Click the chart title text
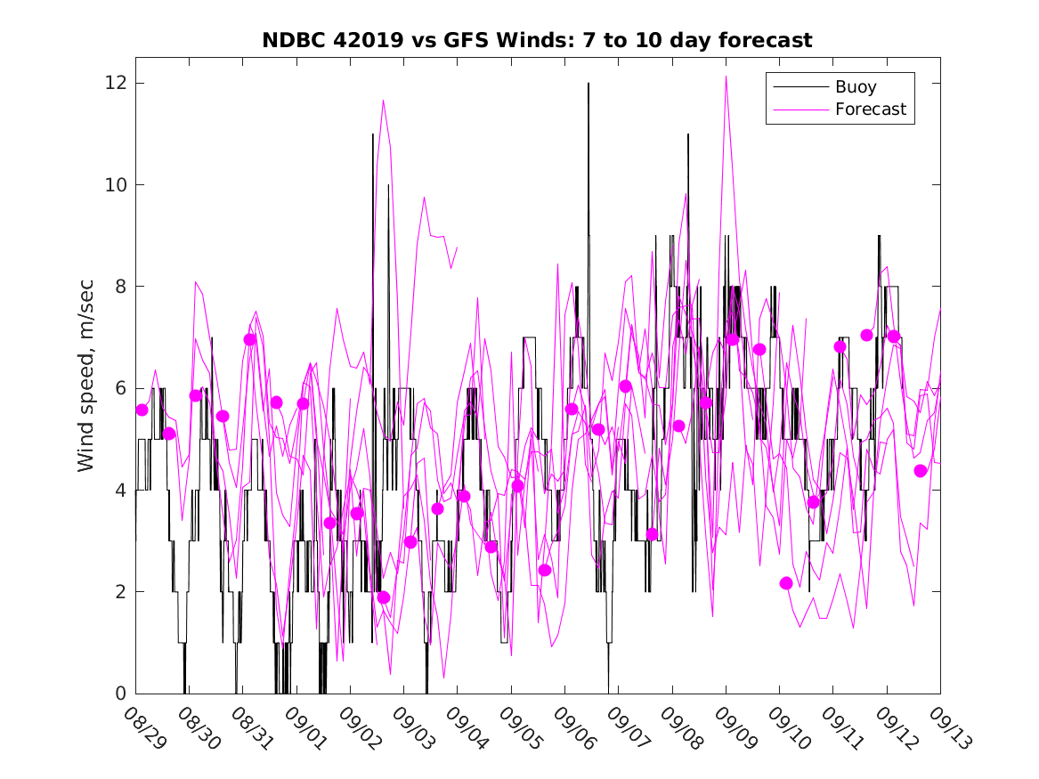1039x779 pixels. tap(537, 40)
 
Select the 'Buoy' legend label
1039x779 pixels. tap(856, 87)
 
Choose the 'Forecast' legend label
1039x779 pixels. tap(870, 110)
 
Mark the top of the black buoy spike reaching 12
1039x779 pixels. tap(588, 84)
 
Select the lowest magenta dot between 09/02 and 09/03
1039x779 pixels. tap(384, 597)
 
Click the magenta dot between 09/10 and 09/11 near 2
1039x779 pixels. tap(786, 583)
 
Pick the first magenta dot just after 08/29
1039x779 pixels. tap(142, 410)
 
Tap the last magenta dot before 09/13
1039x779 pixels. tap(921, 471)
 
